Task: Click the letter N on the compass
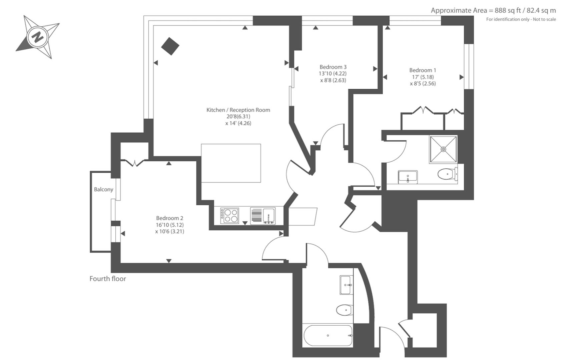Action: click(37, 37)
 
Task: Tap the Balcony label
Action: click(103, 189)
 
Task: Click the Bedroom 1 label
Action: click(423, 70)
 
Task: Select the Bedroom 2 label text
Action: click(169, 218)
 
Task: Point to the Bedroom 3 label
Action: click(333, 67)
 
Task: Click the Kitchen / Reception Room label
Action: click(238, 110)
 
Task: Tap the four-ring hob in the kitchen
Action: click(230, 215)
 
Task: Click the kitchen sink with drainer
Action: click(263, 216)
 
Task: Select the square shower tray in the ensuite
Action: click(443, 149)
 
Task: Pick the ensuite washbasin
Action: click(408, 177)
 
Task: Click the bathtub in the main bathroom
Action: click(328, 336)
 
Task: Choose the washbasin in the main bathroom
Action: click(346, 285)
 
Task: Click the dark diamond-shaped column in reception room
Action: click(170, 46)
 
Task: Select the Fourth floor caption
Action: click(108, 279)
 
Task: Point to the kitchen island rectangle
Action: click(231, 163)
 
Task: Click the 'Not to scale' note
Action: click(544, 19)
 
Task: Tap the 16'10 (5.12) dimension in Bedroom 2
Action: click(170, 225)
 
